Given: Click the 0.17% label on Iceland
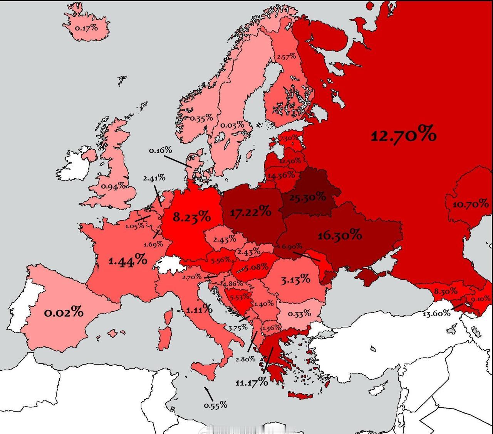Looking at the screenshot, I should click(86, 28).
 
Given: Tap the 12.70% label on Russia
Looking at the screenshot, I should click(403, 135).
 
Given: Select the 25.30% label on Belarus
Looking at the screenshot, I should click(307, 198).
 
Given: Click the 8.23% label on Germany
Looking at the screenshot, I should click(191, 217).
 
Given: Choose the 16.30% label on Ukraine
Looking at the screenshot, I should click(340, 235).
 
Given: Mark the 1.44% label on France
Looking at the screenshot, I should click(127, 261).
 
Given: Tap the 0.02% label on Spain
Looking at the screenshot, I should click(64, 312).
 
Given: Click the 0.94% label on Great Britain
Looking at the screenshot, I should click(113, 186).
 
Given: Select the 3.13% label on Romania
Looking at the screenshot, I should click(295, 279).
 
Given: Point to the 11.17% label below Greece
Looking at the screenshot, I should click(252, 382).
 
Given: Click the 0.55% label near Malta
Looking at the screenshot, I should click(215, 405).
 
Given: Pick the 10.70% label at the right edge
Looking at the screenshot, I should click(470, 204).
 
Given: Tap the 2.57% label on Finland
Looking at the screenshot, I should click(287, 56).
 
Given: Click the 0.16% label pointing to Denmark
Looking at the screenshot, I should click(160, 150).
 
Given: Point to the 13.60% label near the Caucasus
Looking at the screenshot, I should click(436, 313).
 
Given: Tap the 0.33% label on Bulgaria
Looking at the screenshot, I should click(299, 313).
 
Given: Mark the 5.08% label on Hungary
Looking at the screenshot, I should click(256, 267).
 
